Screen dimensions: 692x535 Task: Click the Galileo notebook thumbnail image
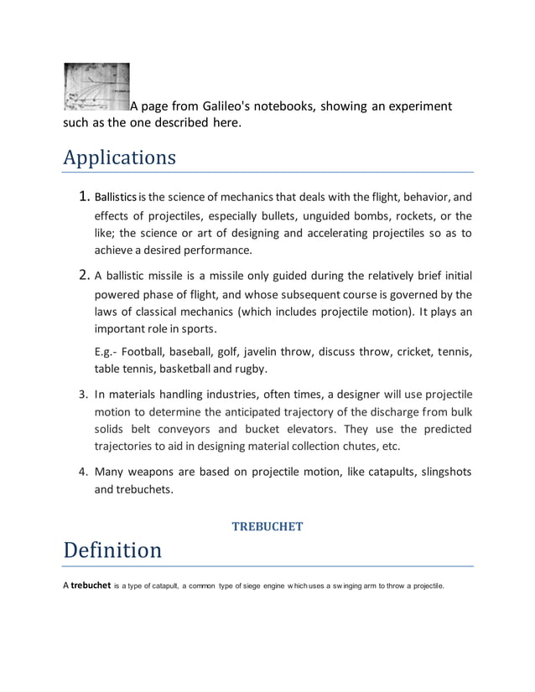[x=96, y=87]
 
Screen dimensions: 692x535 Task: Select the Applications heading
[x=119, y=158]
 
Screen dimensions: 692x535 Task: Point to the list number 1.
[x=82, y=199]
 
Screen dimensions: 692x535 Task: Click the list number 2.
[x=82, y=276]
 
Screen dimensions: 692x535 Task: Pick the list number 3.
[x=83, y=395]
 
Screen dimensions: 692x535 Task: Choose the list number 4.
[x=83, y=472]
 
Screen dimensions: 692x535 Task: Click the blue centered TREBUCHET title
[x=267, y=526]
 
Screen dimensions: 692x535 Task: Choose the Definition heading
[x=112, y=550]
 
